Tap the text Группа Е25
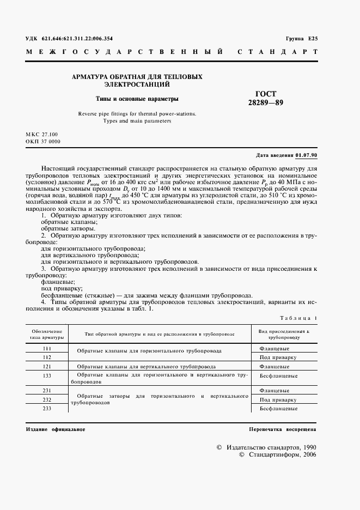[301, 39]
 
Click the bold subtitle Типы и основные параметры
[137, 99]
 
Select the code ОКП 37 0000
[43, 142]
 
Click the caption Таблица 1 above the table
[298, 318]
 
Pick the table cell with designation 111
[46, 348]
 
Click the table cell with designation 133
[46, 375]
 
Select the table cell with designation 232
[46, 399]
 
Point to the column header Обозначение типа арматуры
[46, 334]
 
